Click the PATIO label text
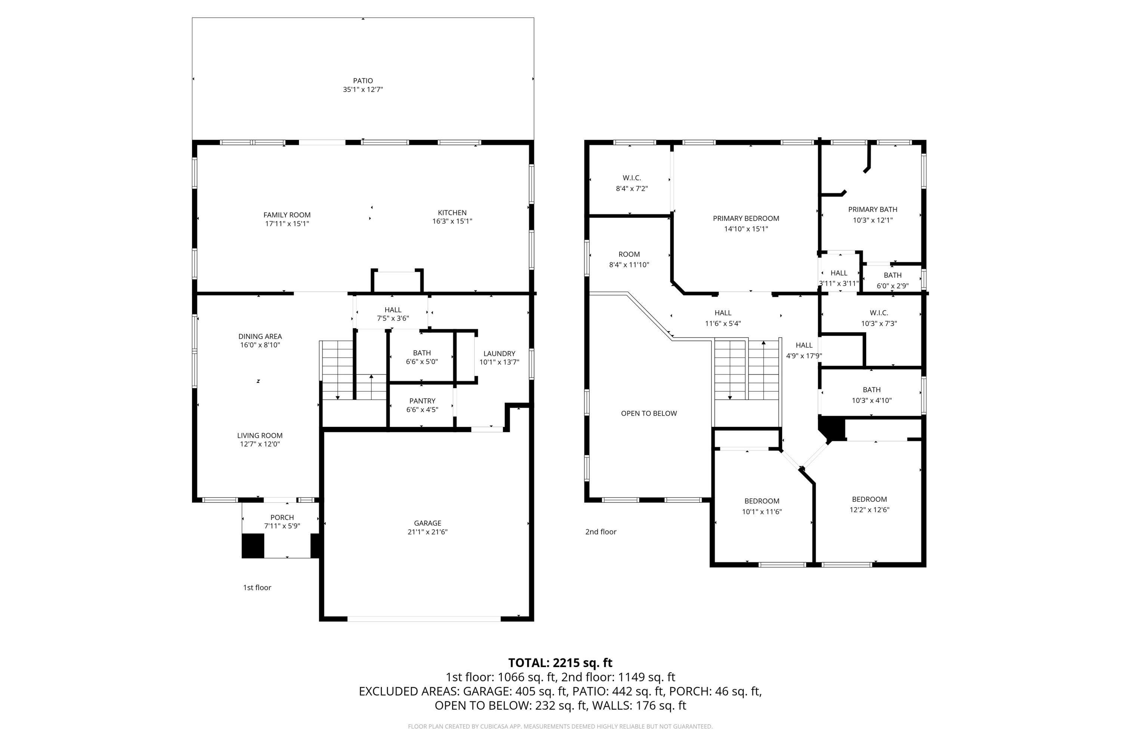coord(363,81)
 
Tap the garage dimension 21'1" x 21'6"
coord(427,531)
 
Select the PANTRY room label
coord(422,401)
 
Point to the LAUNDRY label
coord(499,353)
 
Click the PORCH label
coord(282,517)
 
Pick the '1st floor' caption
coord(257,588)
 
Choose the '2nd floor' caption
coord(600,531)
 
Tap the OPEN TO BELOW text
coord(648,413)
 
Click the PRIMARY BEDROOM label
coord(745,218)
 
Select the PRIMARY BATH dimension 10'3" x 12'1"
coord(872,220)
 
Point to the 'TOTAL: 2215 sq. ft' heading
coord(560,663)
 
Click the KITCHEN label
coord(452,213)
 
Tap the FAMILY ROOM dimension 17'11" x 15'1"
coord(287,223)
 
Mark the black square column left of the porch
coord(253,545)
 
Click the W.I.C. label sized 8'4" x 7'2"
coord(631,178)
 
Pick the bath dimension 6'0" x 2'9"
coord(892,286)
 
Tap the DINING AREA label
coord(260,337)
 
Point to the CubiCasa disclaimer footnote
coord(560,726)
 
